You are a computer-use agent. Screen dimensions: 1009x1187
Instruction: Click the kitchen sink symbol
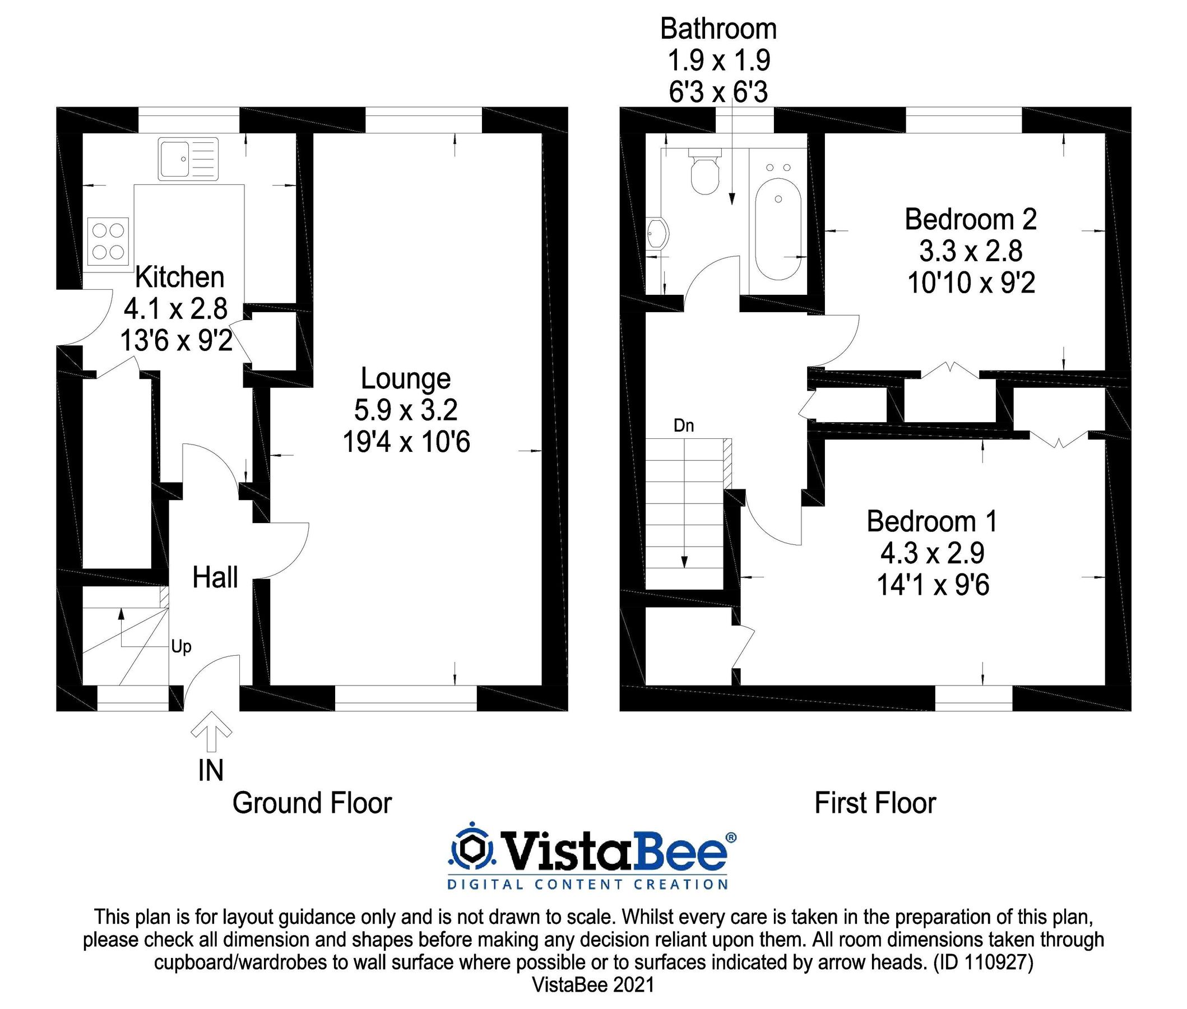188,159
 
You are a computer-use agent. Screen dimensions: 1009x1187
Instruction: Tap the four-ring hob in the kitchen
108,241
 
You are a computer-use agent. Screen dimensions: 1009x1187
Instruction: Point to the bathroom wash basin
657,233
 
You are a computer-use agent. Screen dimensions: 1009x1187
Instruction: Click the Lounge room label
405,379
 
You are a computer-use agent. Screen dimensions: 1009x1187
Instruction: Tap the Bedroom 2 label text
970,220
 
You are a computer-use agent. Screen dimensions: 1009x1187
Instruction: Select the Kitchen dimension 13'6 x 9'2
176,341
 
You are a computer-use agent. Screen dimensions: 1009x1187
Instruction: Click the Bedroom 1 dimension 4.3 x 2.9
932,553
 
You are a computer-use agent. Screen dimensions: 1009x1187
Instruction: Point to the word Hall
215,578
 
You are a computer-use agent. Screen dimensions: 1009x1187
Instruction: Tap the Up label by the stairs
181,647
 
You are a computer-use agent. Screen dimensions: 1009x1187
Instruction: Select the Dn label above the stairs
683,425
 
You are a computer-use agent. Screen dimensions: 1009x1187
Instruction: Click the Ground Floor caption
312,803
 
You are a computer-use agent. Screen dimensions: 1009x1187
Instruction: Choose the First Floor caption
874,803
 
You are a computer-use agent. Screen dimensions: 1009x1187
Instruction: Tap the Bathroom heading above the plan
718,29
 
